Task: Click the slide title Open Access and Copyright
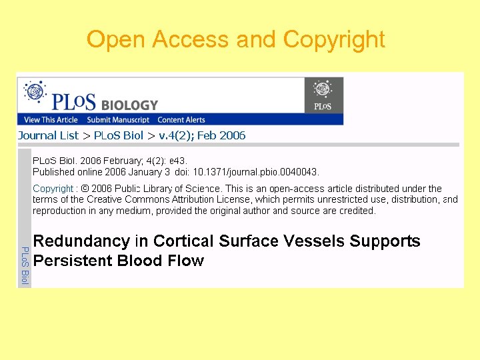click(x=236, y=39)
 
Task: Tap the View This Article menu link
click(x=51, y=120)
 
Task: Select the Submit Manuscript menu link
click(x=118, y=120)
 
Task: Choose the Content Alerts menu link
click(x=181, y=120)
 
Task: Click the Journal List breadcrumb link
click(x=48, y=135)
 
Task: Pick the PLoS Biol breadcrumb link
click(x=118, y=135)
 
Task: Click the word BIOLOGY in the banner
click(x=129, y=105)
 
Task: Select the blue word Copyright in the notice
click(x=53, y=189)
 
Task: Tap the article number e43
click(x=178, y=161)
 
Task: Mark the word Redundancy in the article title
click(x=72, y=241)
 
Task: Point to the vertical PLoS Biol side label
click(x=24, y=265)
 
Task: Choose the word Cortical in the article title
click(x=183, y=241)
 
